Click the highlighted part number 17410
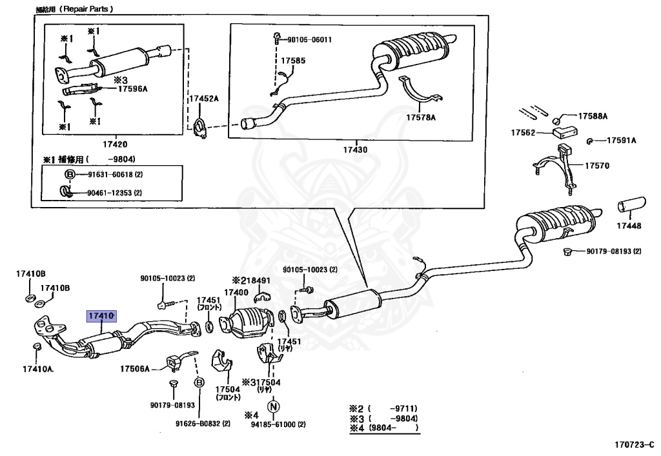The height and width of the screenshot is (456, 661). pyautogui.click(x=101, y=316)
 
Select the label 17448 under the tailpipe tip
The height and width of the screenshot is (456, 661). pyautogui.click(x=628, y=226)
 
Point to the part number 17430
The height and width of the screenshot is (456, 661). pyautogui.click(x=354, y=149)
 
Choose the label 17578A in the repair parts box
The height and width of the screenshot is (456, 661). pyautogui.click(x=421, y=117)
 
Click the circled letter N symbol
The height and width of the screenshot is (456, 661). pyautogui.click(x=273, y=406)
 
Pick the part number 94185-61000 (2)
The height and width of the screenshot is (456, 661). pyautogui.click(x=279, y=425)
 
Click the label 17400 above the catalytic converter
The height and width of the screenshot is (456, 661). pyautogui.click(x=236, y=292)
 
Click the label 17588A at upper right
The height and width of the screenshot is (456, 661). pyautogui.click(x=593, y=116)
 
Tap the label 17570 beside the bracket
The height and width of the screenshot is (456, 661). pyautogui.click(x=597, y=166)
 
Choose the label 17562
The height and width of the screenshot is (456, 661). pyautogui.click(x=524, y=132)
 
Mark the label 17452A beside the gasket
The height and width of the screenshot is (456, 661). pyautogui.click(x=204, y=99)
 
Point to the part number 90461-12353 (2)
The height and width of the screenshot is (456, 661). pyautogui.click(x=107, y=192)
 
